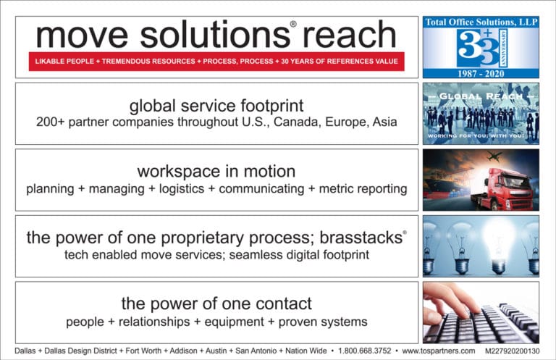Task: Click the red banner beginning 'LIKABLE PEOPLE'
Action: tap(216, 62)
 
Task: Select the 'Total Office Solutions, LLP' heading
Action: tap(481, 22)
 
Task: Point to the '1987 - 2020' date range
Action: tap(481, 73)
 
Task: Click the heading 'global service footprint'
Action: tap(216, 106)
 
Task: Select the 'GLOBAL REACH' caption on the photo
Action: tap(481, 96)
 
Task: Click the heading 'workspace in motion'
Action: tap(216, 172)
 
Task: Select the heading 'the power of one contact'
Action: tap(216, 304)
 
